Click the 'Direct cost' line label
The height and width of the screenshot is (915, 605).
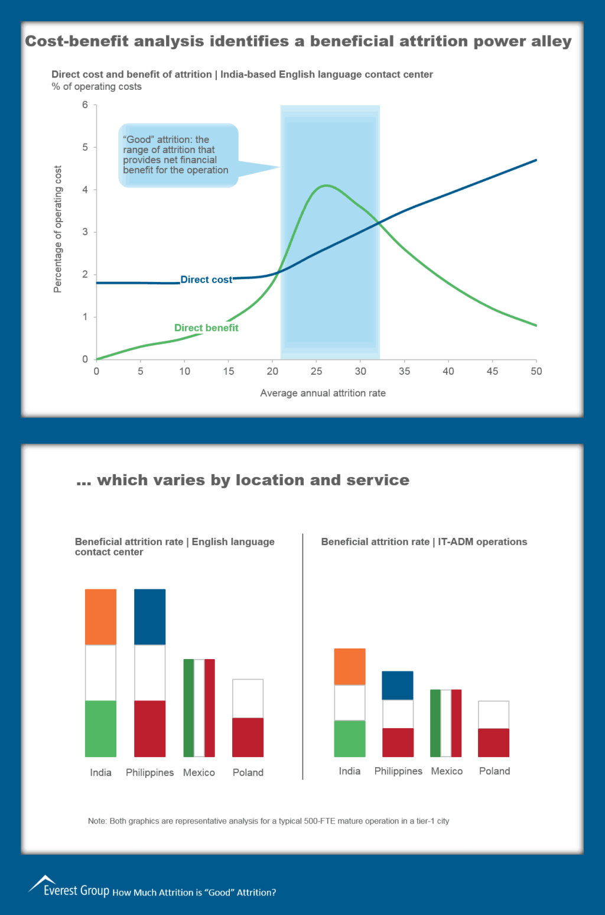coord(206,280)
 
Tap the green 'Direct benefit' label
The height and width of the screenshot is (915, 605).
coord(206,328)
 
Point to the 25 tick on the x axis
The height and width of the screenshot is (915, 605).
coord(317,371)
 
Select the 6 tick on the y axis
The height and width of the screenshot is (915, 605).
coord(85,105)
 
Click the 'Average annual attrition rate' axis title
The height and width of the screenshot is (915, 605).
coord(323,393)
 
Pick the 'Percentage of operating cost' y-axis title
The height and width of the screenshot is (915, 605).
coord(58,229)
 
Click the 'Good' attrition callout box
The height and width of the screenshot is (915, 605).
coord(178,155)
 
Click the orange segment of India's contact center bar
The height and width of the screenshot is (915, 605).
coord(100,617)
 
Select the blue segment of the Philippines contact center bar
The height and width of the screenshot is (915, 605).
coord(149,617)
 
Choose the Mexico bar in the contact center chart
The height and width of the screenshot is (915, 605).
coord(199,708)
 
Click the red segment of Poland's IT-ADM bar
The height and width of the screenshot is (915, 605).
coord(493,742)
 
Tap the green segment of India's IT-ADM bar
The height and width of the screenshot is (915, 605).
coord(350,738)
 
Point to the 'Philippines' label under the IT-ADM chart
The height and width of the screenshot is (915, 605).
coord(398,771)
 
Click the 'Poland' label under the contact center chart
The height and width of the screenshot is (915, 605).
coord(248,773)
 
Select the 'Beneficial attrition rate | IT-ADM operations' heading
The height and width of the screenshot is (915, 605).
coord(424,542)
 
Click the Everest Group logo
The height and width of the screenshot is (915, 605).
coord(69,886)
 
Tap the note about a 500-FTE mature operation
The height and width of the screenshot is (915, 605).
coord(268,821)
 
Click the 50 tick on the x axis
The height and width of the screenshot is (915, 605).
coord(536,371)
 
